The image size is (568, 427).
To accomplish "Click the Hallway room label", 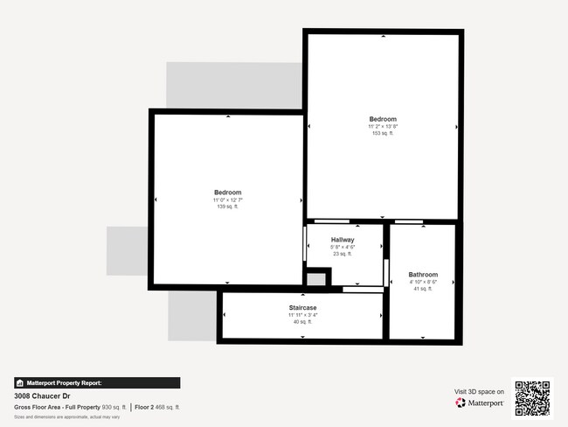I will tap(343, 240).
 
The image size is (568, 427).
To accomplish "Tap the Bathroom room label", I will tap(423, 275).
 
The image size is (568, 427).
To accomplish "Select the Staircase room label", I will tap(302, 308).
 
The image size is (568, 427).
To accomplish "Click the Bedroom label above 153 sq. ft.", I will tap(383, 119).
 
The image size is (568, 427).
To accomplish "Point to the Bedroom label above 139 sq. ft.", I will tap(228, 192).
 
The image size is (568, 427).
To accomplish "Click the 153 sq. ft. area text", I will tap(383, 133).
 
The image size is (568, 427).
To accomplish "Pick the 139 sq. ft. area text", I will tap(228, 206).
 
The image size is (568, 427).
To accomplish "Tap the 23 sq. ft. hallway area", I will tap(343, 254).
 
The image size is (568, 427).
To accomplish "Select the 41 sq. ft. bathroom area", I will tap(423, 289).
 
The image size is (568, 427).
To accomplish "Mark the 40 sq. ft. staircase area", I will tap(302, 322).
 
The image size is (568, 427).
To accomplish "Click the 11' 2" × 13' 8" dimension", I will tap(383, 126).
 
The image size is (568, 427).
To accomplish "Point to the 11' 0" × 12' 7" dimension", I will tap(228, 199).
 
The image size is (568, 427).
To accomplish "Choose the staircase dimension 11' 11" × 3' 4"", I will tap(302, 315).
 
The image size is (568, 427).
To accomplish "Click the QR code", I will tap(532, 398).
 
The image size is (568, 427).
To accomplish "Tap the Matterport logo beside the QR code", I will tap(480, 403).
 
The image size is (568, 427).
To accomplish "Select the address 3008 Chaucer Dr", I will tap(41, 395).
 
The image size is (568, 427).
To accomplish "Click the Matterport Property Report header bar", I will tap(97, 383).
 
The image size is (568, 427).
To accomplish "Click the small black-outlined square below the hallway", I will tap(317, 279).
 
